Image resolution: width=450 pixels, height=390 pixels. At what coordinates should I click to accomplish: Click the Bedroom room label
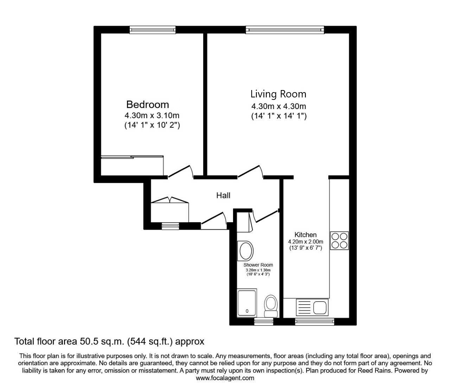pos(147,104)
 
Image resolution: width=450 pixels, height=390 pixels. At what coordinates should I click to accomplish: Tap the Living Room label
pos(278,94)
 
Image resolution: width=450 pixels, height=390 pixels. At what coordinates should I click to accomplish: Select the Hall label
pos(223,195)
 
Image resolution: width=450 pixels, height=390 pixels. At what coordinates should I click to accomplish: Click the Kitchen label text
pos(305,235)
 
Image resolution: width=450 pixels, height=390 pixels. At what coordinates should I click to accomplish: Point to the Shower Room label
pos(258,265)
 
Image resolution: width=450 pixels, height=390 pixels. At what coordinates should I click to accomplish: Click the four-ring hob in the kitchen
pos(339,241)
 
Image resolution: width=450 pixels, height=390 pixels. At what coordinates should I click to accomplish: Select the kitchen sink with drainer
pos(312,307)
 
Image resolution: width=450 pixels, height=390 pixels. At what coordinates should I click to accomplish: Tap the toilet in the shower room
pos(271,306)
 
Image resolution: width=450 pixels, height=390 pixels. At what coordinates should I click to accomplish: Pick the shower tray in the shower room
pos(247,302)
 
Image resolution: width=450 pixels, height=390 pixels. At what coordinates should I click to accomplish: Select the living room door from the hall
pos(251,172)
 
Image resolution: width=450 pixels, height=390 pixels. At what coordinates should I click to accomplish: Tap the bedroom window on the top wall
pos(153,30)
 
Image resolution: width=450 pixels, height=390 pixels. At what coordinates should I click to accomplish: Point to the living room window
pos(285,30)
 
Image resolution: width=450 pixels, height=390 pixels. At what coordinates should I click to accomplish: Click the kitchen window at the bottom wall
pos(314,321)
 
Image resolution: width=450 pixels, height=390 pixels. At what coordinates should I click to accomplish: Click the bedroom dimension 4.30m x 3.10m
pos(152,115)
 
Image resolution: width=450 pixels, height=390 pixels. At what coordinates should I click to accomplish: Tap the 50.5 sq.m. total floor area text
pos(109,341)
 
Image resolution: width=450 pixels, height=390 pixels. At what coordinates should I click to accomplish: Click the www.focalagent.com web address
pos(225,378)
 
